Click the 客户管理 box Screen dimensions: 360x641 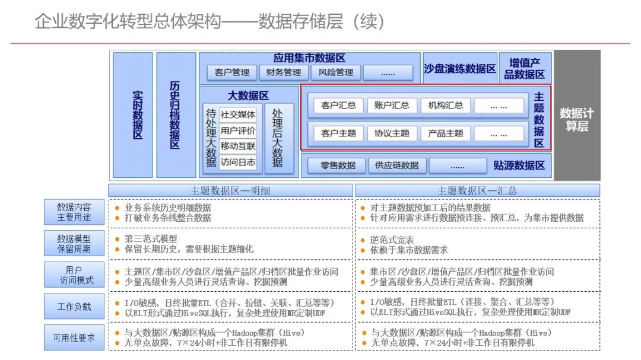coord(232,72)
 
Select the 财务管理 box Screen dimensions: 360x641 coord(283,72)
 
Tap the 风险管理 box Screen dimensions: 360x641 coord(335,72)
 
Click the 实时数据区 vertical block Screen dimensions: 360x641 coord(133,114)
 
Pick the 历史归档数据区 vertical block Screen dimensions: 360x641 coord(176,114)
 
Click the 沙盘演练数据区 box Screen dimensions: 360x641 coord(460,69)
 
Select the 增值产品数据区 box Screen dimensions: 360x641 coord(525,68)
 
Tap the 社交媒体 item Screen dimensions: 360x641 coord(238,114)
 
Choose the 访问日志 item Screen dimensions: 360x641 coord(238,161)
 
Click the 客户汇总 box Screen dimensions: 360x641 coord(338,106)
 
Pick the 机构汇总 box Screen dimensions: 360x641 coord(446,106)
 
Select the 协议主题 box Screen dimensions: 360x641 coord(392,133)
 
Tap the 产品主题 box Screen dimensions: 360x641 coord(446,133)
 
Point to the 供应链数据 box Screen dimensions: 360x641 coord(397,165)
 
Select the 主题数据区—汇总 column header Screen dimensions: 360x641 coord(477,190)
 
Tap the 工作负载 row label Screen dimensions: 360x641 coord(74,307)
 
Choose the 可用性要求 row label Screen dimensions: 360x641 coord(74,337)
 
